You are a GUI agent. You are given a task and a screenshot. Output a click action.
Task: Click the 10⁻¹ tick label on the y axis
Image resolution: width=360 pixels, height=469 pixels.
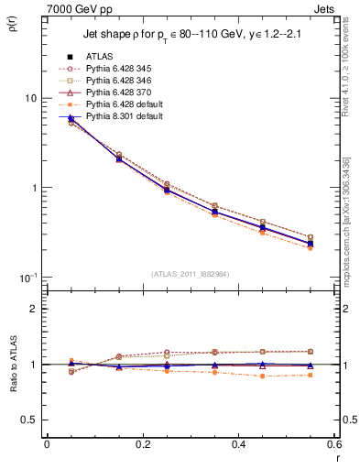(x=28, y=278)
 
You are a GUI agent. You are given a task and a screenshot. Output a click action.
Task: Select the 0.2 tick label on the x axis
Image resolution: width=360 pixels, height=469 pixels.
(x=142, y=443)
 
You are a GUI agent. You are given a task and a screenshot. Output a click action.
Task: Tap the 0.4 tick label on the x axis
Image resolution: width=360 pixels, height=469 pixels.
(x=238, y=443)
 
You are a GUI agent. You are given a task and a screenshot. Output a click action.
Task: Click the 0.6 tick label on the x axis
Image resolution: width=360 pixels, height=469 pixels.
(x=333, y=443)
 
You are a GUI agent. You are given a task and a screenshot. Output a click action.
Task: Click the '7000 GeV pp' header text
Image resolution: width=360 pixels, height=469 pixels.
(x=71, y=9)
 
